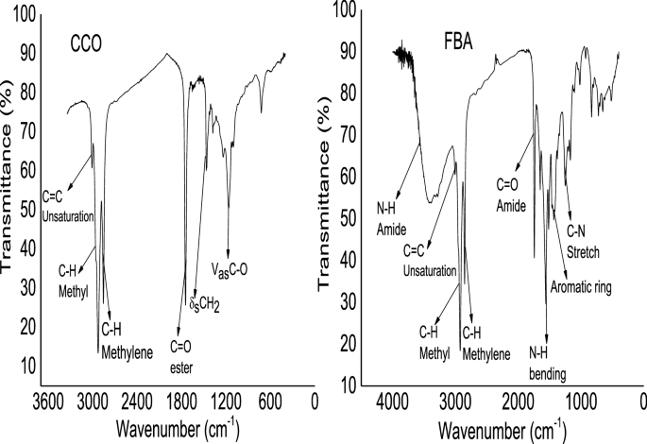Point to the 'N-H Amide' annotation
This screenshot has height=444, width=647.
[x=391, y=223]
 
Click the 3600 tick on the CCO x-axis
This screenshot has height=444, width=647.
[x=47, y=401]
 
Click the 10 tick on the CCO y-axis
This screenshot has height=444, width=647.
[x=28, y=365]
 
